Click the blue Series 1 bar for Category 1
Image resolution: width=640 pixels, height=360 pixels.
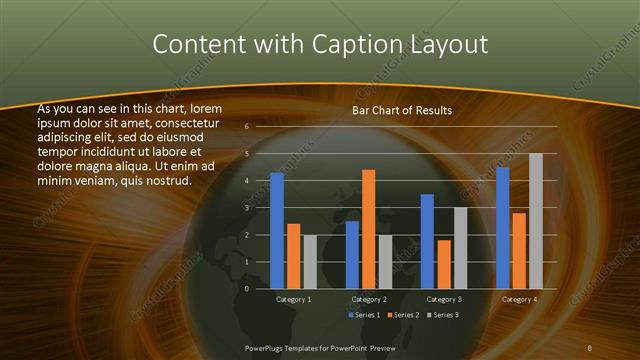click(x=277, y=231)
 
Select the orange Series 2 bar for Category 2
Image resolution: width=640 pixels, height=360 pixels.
click(x=368, y=229)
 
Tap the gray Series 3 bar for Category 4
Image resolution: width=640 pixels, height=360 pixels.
click(x=535, y=221)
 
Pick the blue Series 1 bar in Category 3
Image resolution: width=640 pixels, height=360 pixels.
click(x=427, y=241)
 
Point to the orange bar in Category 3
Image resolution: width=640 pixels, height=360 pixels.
click(x=444, y=264)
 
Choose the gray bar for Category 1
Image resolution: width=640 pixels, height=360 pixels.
click(x=310, y=262)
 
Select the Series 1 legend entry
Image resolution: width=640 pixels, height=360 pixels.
click(x=365, y=316)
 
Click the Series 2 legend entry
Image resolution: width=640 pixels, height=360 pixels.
click(x=403, y=316)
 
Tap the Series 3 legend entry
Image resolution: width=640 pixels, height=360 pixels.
click(x=442, y=316)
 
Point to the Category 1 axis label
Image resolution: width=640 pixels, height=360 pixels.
click(x=294, y=299)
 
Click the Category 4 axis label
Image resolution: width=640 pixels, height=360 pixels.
click(x=519, y=299)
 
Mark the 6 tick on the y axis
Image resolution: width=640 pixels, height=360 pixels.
click(x=246, y=126)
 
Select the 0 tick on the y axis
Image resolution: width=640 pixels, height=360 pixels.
click(x=246, y=289)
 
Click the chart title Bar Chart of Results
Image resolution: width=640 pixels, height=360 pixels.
click(x=402, y=110)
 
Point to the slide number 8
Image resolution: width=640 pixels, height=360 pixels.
click(x=590, y=347)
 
